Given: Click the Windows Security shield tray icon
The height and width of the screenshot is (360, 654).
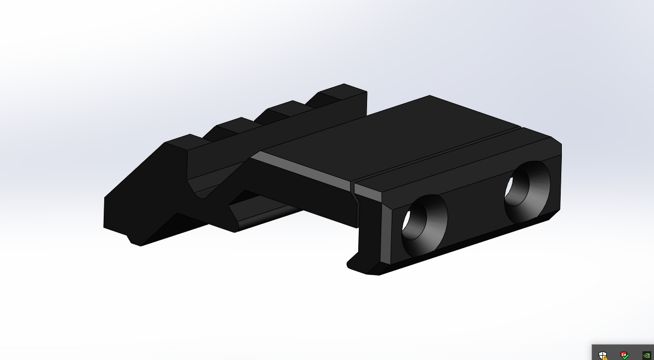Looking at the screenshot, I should (603, 355).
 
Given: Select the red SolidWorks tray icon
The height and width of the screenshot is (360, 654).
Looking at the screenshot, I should (624, 355).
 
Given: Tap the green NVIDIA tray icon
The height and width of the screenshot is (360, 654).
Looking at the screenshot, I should (646, 355).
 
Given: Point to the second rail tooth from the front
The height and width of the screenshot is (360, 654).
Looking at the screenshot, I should (236, 124).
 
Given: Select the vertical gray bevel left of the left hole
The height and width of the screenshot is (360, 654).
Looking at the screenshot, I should (387, 230).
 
